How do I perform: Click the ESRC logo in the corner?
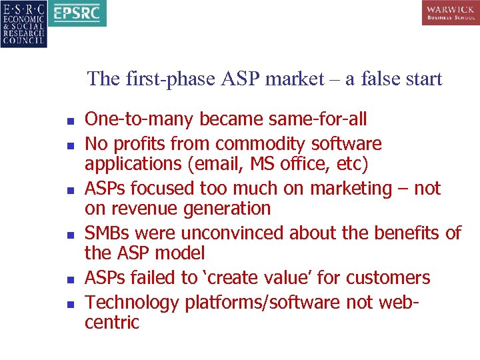(23, 23)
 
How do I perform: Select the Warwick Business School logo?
(450, 13)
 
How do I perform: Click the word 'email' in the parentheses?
(217, 163)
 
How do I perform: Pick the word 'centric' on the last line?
(112, 323)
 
